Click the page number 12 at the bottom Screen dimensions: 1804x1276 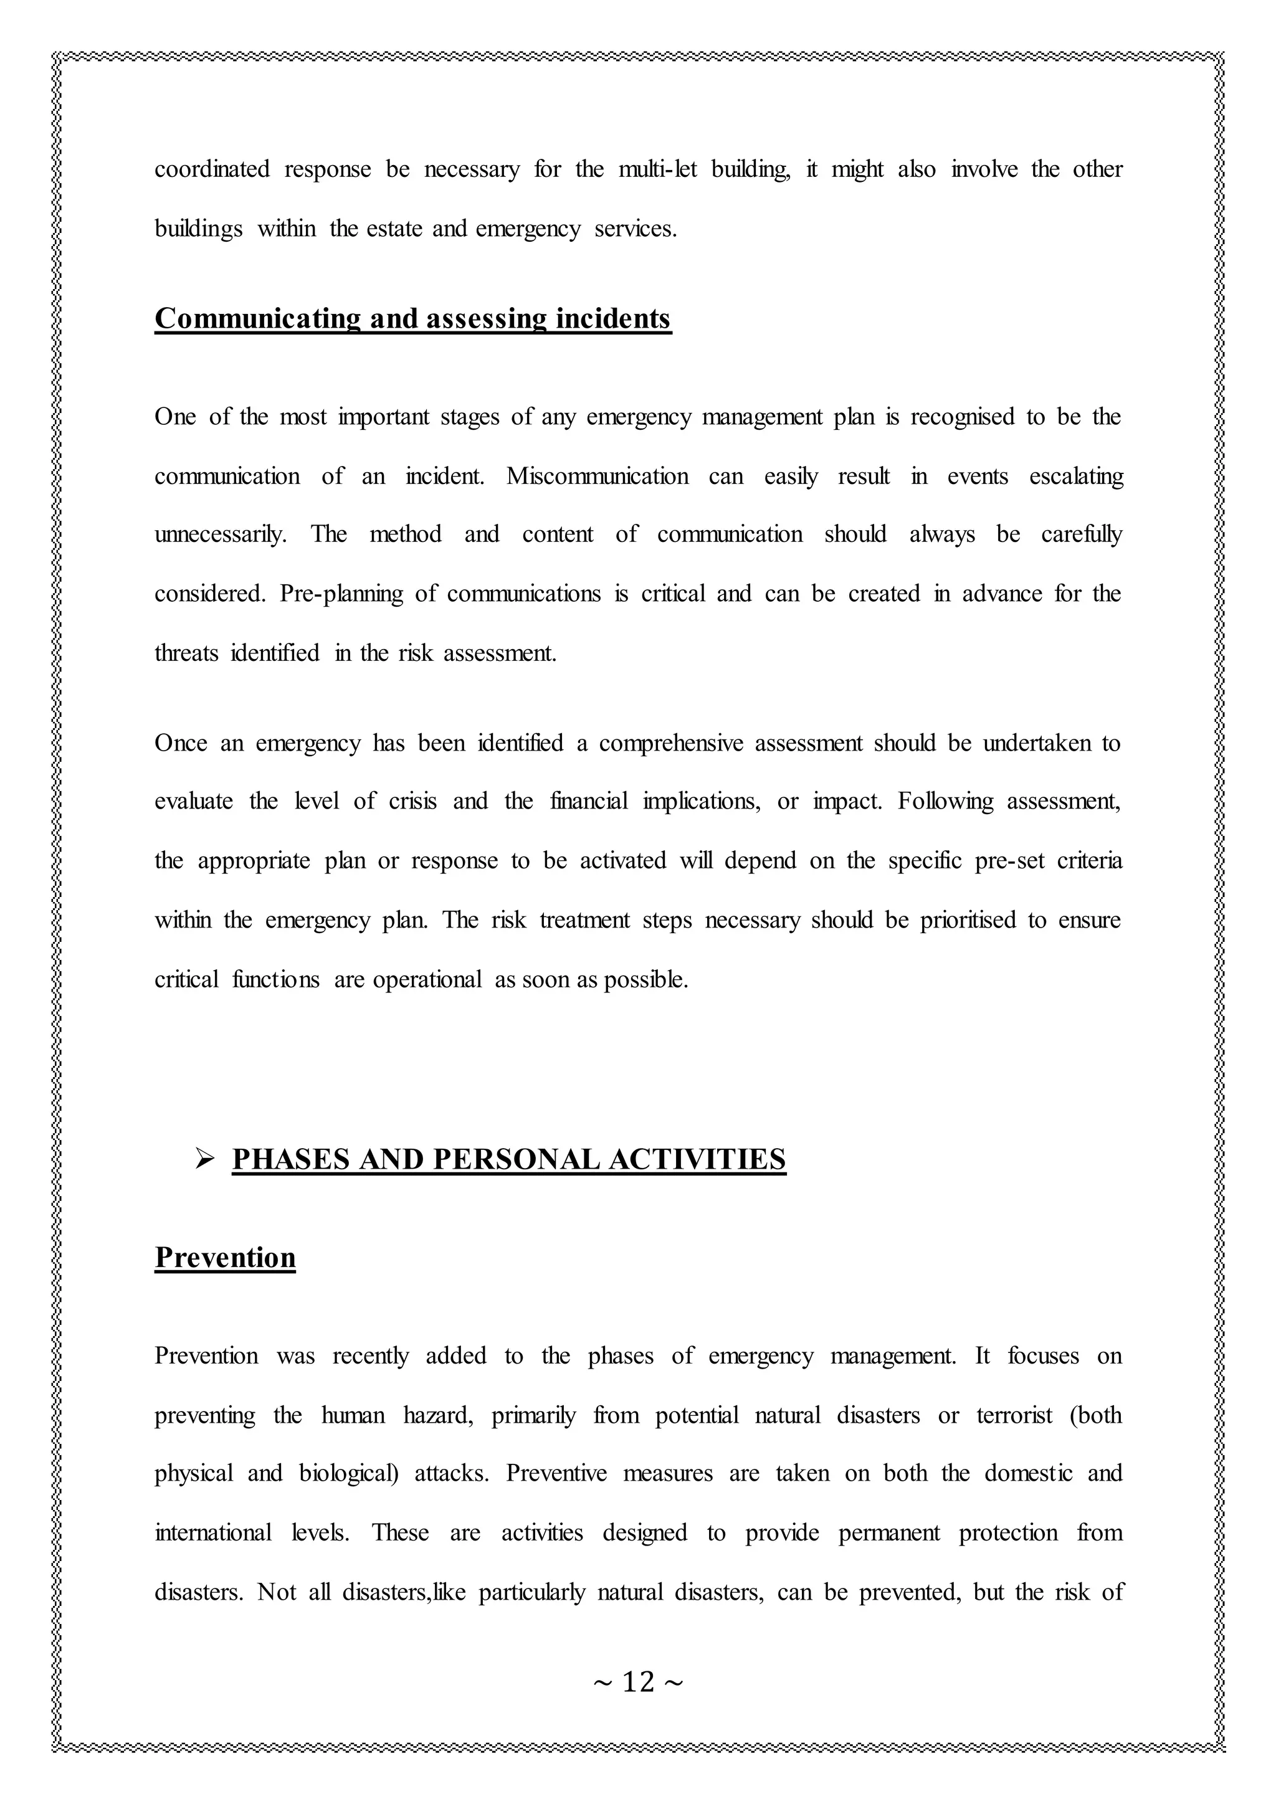click(x=638, y=1682)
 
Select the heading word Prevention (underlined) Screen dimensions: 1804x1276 click(x=225, y=1258)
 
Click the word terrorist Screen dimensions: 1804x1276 click(x=1014, y=1415)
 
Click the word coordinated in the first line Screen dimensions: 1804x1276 click(x=211, y=169)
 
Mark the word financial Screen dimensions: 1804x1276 click(x=589, y=802)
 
